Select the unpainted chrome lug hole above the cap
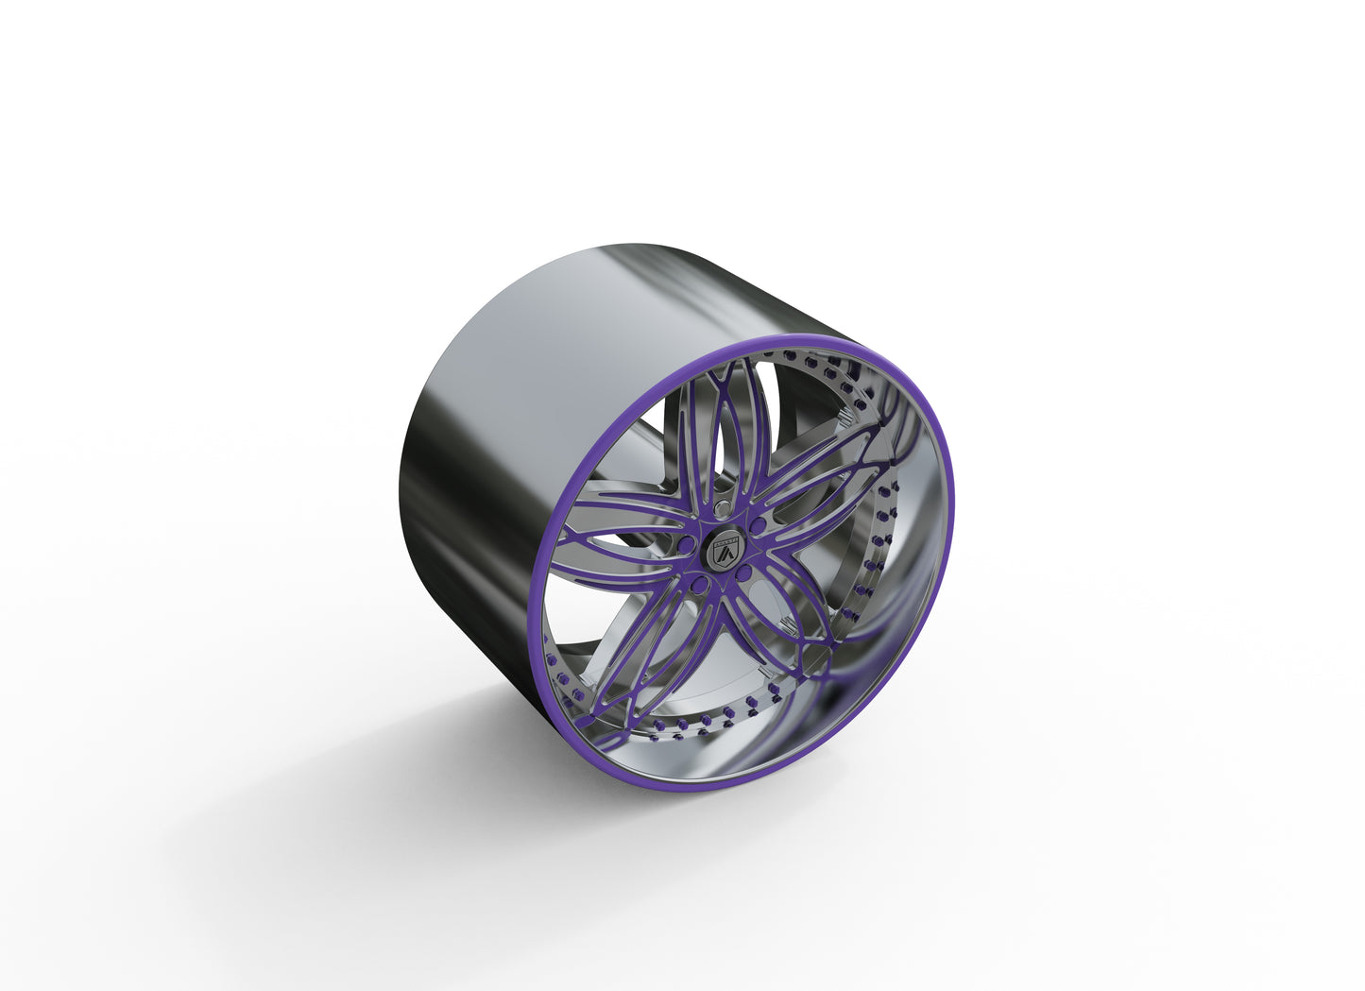[721, 510]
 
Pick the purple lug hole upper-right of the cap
[758, 523]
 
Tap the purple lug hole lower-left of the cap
[699, 587]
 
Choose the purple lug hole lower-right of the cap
[744, 573]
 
